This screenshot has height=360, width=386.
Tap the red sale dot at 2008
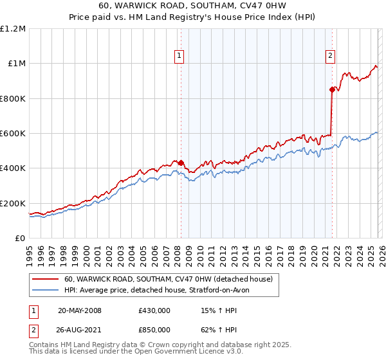(181, 163)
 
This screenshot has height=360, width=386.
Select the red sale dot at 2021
(333, 89)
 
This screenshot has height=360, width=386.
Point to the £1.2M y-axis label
(13, 28)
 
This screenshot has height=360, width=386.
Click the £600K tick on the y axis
(13, 133)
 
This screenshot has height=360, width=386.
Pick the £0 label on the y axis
(20, 238)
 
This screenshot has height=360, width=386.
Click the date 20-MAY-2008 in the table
(80, 310)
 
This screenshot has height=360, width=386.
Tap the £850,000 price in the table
(154, 332)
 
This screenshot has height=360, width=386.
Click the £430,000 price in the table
(154, 310)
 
